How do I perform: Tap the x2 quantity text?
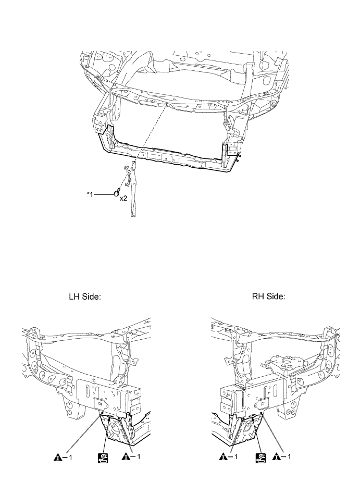pyautogui.click(x=123, y=198)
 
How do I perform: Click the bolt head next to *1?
pyautogui.click(x=117, y=193)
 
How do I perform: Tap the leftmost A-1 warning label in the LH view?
pyautogui.click(x=62, y=458)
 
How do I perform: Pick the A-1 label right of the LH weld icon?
pyautogui.click(x=130, y=458)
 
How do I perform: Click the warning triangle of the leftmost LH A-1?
pyautogui.click(x=57, y=457)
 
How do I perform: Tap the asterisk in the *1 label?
pyautogui.click(x=88, y=192)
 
